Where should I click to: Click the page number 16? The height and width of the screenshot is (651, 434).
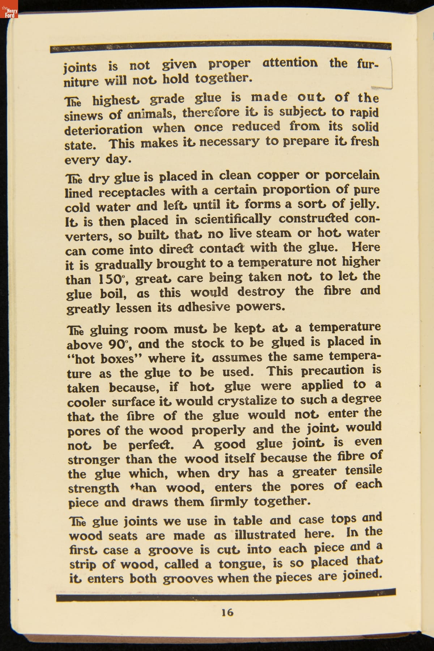[227, 612]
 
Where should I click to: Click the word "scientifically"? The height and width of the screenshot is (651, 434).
[233, 219]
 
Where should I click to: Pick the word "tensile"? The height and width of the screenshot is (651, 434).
[363, 471]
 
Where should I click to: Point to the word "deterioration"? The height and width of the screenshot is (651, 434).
[103, 130]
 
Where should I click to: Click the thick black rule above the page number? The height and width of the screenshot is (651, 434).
[226, 595]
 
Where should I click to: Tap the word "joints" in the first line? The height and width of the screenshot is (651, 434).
[80, 67]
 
